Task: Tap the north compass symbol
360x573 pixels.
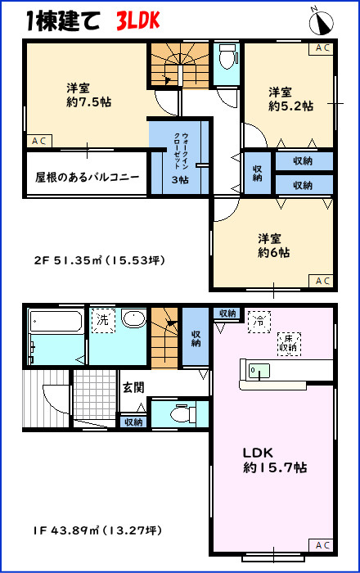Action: tap(321, 19)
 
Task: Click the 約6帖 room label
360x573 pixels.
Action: tap(271, 246)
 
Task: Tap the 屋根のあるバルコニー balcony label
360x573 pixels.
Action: tap(87, 177)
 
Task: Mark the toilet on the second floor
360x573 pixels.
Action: tap(227, 58)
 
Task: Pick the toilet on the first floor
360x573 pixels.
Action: tap(171, 416)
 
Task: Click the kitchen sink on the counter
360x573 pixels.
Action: tap(259, 371)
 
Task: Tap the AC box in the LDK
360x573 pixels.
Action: tap(322, 545)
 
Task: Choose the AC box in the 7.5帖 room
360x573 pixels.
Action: tap(38, 142)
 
